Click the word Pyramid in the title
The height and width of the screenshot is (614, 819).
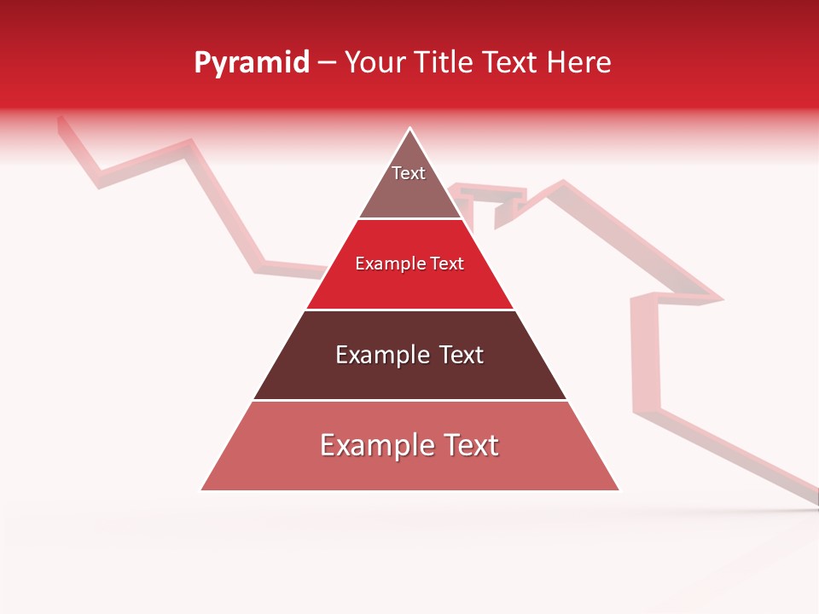pos(252,63)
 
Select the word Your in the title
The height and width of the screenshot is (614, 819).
pos(373,63)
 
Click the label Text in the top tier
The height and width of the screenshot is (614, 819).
pos(408,173)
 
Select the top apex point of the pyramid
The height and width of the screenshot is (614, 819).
pos(410,129)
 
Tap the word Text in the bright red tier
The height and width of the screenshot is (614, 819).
pos(447,264)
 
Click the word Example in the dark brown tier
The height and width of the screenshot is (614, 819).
pos(384,355)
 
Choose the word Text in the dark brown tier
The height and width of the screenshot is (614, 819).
pos(461,355)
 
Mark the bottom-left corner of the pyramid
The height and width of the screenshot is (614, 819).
pos(202,489)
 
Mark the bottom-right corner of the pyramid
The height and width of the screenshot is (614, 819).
pos(619,489)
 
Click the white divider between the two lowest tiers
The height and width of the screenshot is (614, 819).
pos(409,400)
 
